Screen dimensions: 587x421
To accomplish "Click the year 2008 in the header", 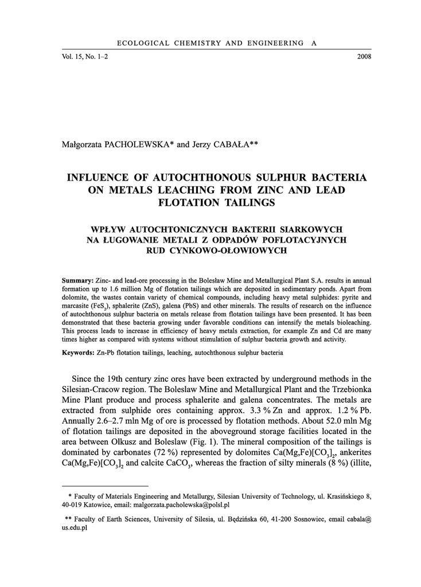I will coord(364,57).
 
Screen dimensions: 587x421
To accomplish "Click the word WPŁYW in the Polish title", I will coord(104,229).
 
